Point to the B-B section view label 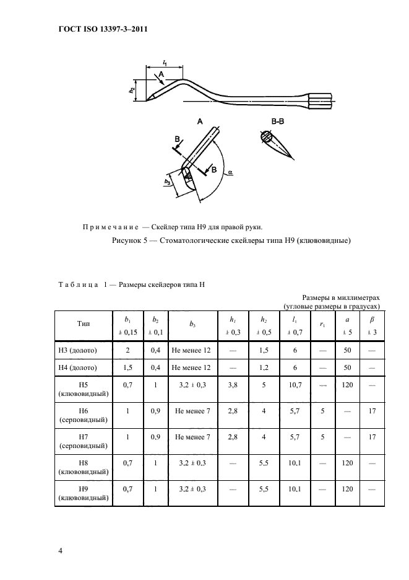[277, 122]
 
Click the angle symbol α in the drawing [230, 174]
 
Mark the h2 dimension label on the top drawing [132, 90]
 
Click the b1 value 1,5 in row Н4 [128, 369]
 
